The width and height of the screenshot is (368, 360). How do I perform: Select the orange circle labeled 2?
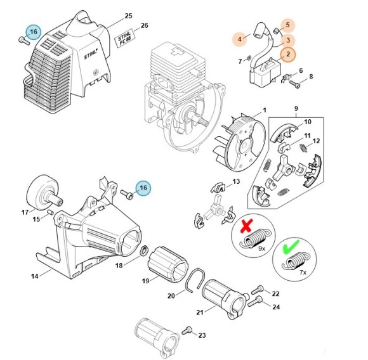287,55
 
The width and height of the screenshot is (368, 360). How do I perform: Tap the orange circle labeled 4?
240,39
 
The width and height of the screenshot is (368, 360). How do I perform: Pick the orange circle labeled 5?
287,25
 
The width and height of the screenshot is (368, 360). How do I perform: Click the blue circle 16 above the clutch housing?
143,188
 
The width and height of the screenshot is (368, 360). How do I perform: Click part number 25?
129,15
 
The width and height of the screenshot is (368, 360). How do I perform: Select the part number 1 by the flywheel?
264,110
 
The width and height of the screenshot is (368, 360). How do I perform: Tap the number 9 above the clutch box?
296,108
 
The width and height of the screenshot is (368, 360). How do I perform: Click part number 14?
35,276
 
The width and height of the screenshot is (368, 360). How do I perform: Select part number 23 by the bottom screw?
202,335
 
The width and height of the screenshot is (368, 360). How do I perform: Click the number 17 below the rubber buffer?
25,212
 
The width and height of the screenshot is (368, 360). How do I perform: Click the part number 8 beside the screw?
312,77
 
